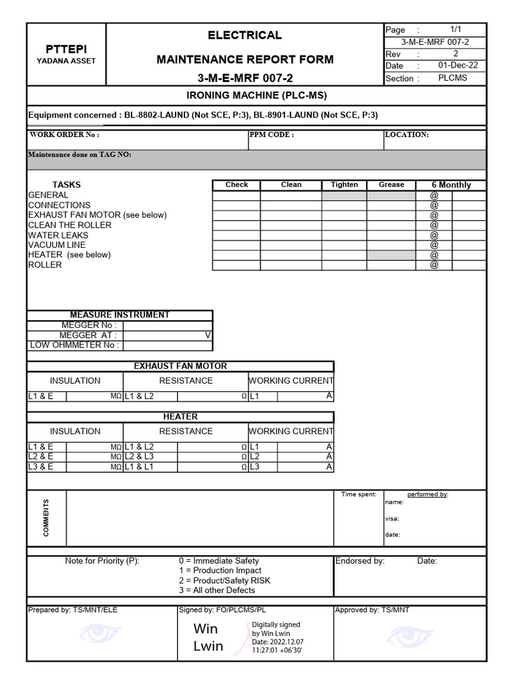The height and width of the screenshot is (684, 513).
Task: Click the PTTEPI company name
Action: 65,49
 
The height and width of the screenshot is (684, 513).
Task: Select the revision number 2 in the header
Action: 456,53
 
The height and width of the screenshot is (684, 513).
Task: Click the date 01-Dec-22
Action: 458,65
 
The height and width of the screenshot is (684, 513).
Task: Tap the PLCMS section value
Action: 453,78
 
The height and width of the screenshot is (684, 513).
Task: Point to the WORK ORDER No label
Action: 64,135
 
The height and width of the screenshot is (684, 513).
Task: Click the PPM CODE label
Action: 271,135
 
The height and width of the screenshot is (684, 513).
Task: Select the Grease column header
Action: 391,185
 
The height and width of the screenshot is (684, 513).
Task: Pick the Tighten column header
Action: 344,185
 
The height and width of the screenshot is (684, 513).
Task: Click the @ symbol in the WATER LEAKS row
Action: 434,235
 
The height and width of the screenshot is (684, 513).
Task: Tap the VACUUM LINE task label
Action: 57,245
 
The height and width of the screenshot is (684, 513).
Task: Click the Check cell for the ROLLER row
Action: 236,265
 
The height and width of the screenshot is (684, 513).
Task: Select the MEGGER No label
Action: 89,325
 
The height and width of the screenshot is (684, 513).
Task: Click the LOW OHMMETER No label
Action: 75,345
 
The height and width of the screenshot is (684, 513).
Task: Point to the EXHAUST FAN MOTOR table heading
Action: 180,366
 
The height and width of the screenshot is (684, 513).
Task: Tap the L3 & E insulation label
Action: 40,467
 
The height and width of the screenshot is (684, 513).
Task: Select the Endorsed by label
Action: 359,561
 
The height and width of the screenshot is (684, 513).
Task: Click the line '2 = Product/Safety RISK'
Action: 224,580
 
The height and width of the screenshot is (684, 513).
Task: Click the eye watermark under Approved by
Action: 411,635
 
